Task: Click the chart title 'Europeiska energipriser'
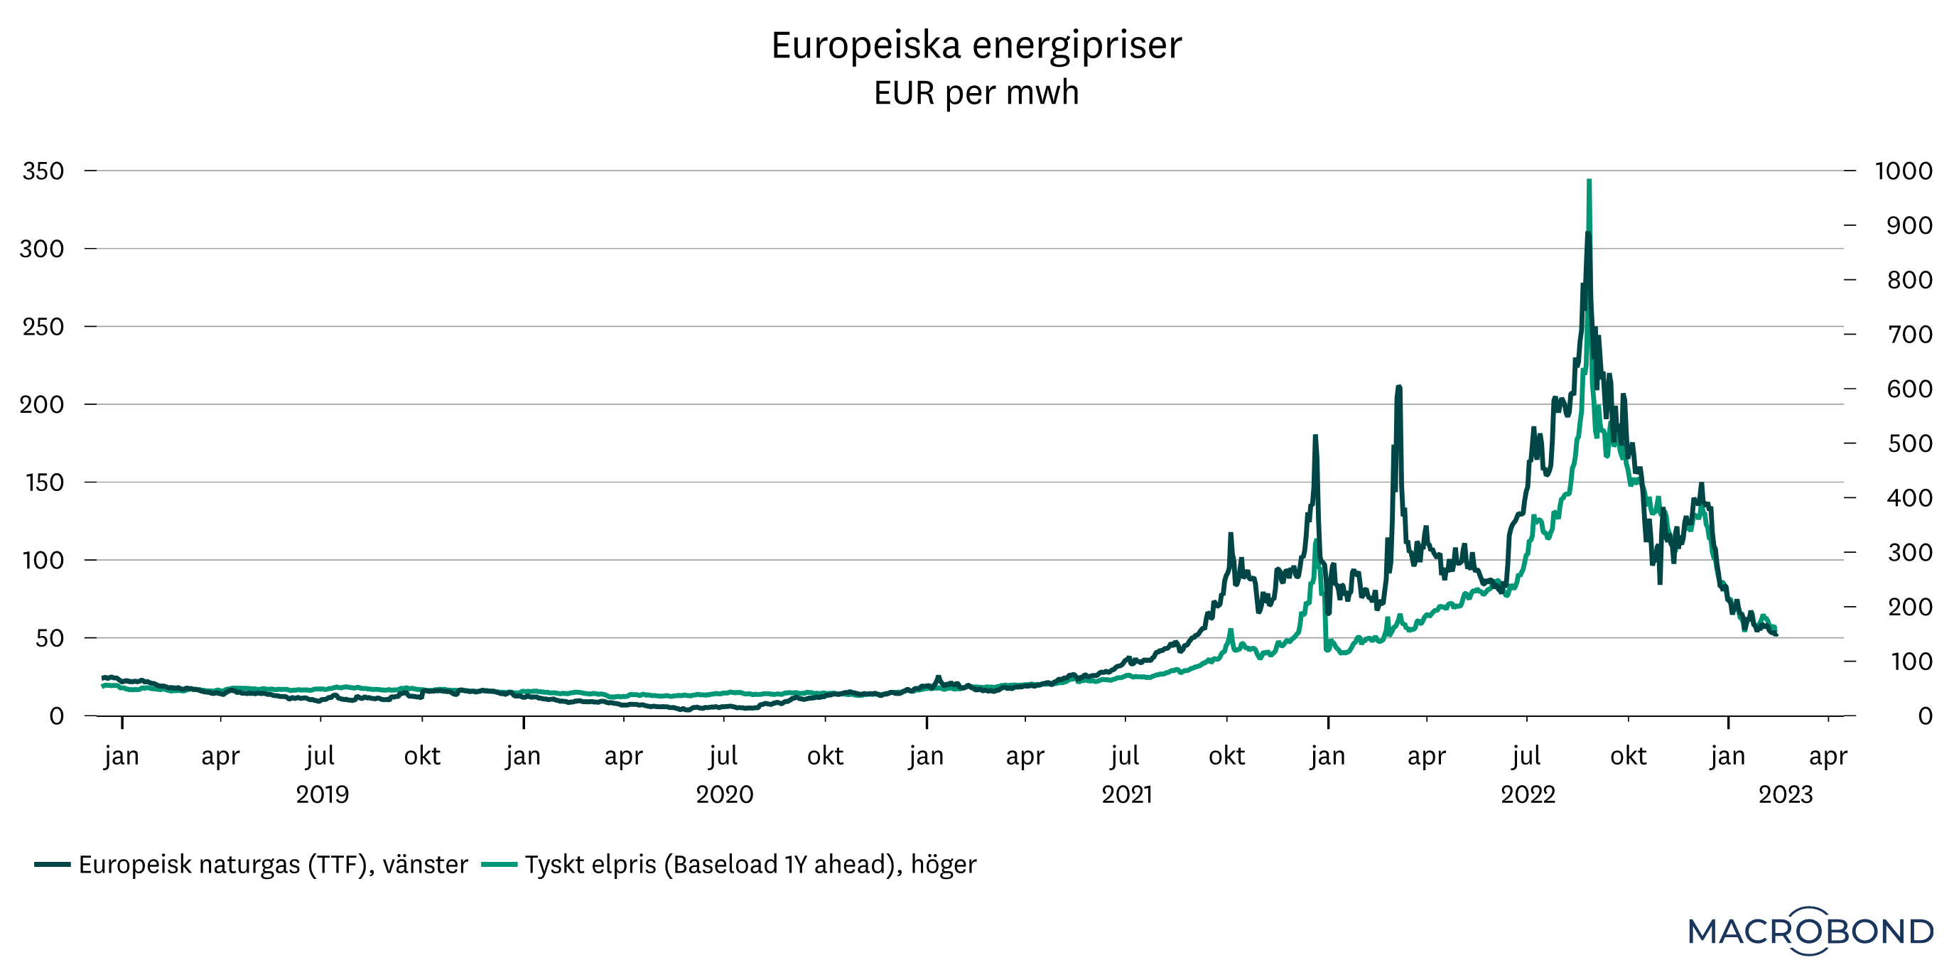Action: click(976, 45)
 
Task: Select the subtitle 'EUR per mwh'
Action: click(976, 93)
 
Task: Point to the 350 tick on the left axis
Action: click(43, 171)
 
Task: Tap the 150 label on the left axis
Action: click(45, 482)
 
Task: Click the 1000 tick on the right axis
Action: click(1903, 171)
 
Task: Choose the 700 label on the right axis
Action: click(1909, 335)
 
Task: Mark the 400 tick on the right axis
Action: click(1909, 498)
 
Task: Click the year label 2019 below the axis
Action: click(323, 794)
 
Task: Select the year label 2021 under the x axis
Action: click(1126, 794)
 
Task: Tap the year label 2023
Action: click(1785, 794)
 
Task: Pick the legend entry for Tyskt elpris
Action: click(750, 865)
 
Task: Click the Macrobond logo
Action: click(1810, 931)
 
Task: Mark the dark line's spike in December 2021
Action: click(1315, 438)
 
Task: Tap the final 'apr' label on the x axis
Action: click(1828, 756)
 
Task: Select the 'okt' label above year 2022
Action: click(1628, 756)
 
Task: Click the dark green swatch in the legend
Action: click(53, 865)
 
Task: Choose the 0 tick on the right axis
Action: click(1924, 716)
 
